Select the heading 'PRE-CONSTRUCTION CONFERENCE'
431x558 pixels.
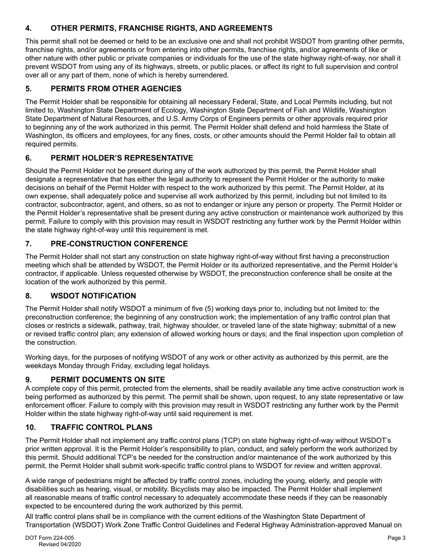pos(119,244)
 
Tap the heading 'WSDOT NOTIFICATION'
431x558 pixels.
pos(93,296)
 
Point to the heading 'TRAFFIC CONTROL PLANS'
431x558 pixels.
pos(101,427)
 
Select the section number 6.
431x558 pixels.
pos(28,158)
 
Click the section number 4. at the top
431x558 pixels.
pos(28,28)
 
